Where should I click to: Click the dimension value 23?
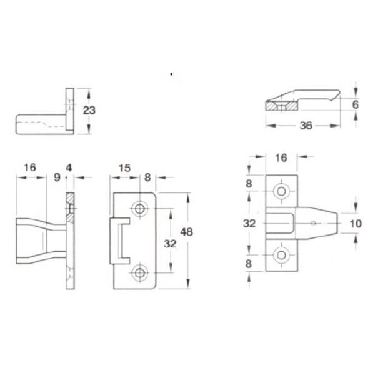89,110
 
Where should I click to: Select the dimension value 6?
356,104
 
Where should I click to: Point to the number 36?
306,126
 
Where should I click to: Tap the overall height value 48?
186,232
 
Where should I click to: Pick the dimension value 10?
356,224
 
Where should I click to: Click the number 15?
124,168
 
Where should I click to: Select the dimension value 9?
57,177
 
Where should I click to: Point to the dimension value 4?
69,168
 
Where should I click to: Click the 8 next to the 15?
147,177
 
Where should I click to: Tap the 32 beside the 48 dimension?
170,244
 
